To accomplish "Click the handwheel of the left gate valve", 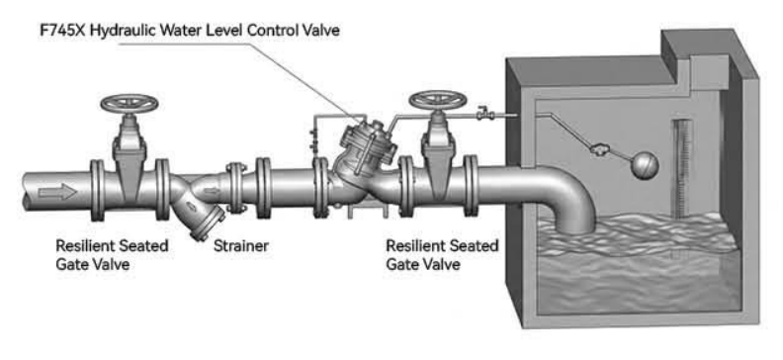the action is click(x=130, y=104).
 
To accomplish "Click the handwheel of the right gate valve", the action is click(x=438, y=99).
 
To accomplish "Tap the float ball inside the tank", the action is click(x=646, y=166).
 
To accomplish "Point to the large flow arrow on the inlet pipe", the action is click(x=57, y=191).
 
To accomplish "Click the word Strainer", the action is click(x=241, y=245).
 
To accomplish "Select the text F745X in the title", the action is click(x=63, y=30).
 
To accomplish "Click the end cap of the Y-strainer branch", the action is click(x=208, y=224).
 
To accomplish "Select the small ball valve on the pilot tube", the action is click(x=483, y=114).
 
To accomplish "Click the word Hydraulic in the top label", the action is click(x=125, y=30).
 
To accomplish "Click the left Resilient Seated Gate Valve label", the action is click(x=112, y=254).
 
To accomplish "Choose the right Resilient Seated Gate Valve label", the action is click(x=443, y=254).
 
